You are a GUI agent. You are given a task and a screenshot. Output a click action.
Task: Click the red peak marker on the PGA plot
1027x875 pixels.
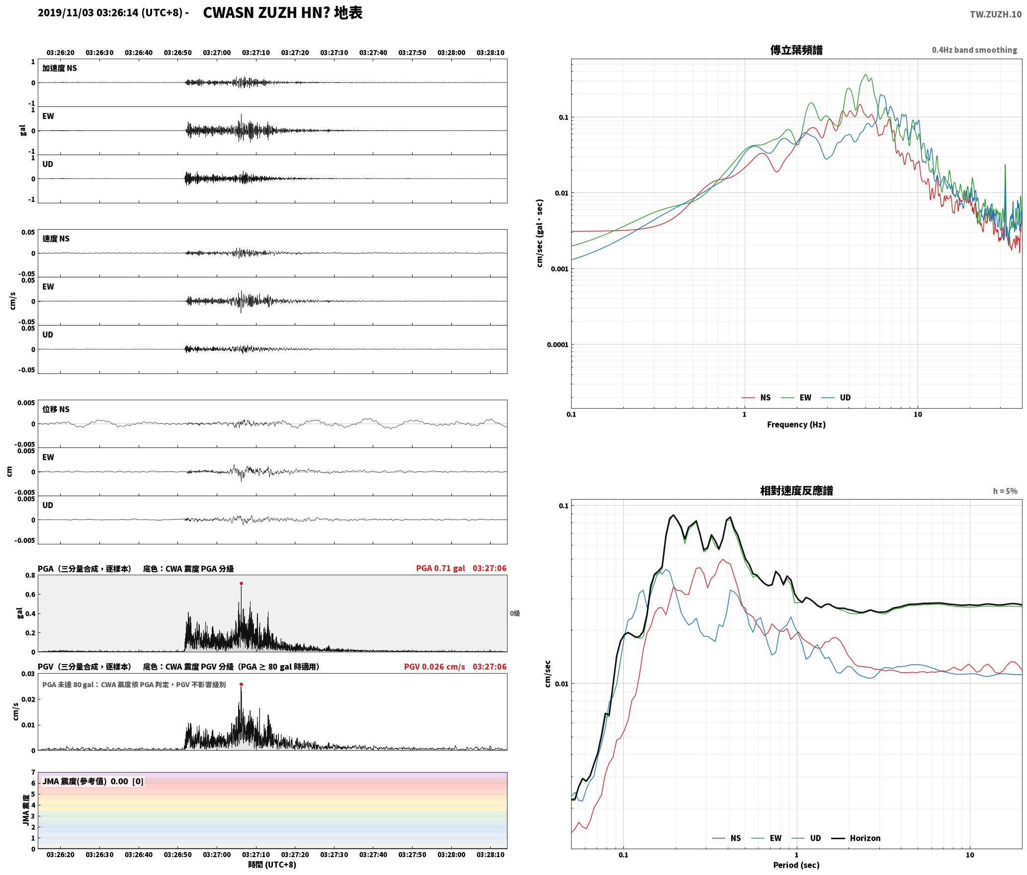pos(241,584)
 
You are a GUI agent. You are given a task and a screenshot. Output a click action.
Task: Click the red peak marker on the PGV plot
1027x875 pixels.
pos(241,685)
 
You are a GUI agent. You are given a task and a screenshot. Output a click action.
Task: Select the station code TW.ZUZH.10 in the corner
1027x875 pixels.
pos(996,14)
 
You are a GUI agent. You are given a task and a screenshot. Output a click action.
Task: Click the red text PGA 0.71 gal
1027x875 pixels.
pos(440,568)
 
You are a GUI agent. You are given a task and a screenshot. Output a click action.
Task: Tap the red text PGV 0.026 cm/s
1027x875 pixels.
pos(434,667)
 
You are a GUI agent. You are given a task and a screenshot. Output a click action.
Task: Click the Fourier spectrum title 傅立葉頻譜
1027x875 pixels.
pos(796,50)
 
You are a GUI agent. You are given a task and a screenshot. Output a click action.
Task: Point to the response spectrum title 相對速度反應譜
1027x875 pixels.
pos(796,491)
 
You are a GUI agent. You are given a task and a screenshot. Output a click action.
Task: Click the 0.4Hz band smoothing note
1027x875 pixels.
pos(974,50)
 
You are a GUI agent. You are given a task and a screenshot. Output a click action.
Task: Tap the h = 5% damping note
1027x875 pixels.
pos(1005,491)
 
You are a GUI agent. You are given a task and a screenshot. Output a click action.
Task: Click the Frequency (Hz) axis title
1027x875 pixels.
pos(796,425)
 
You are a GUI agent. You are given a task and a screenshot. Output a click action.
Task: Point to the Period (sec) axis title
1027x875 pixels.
pos(796,865)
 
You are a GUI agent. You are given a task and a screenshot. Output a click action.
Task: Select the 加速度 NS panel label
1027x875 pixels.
pos(60,69)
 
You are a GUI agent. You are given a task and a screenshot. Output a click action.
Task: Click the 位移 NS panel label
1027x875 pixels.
pos(56,410)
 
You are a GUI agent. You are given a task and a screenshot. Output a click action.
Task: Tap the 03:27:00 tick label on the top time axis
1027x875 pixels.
pos(217,53)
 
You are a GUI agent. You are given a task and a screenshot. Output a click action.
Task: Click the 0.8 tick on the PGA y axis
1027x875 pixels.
pos(30,576)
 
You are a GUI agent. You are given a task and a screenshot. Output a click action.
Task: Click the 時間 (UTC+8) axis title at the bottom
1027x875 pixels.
pos(272,865)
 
